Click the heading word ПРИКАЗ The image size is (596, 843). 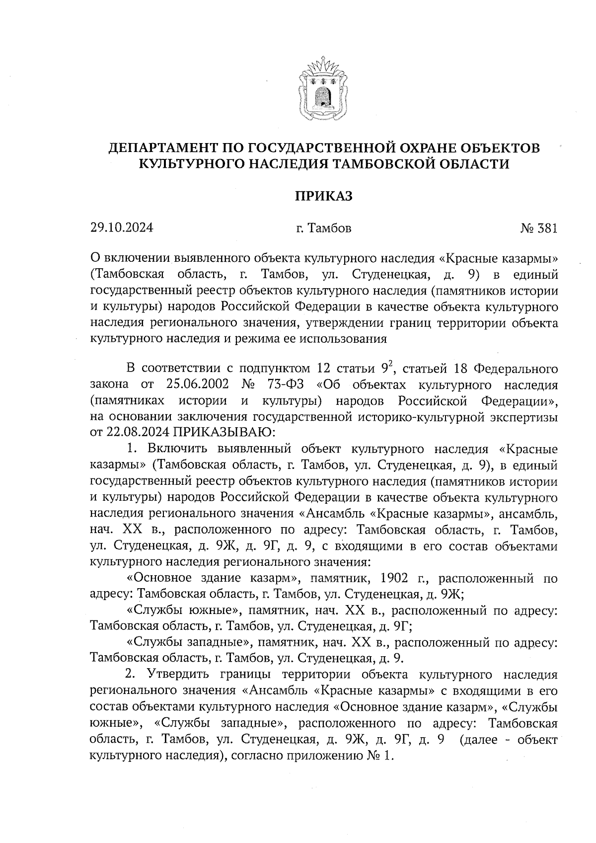tap(324, 196)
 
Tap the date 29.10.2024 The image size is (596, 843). tap(122, 228)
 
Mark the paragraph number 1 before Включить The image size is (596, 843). tap(131, 449)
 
